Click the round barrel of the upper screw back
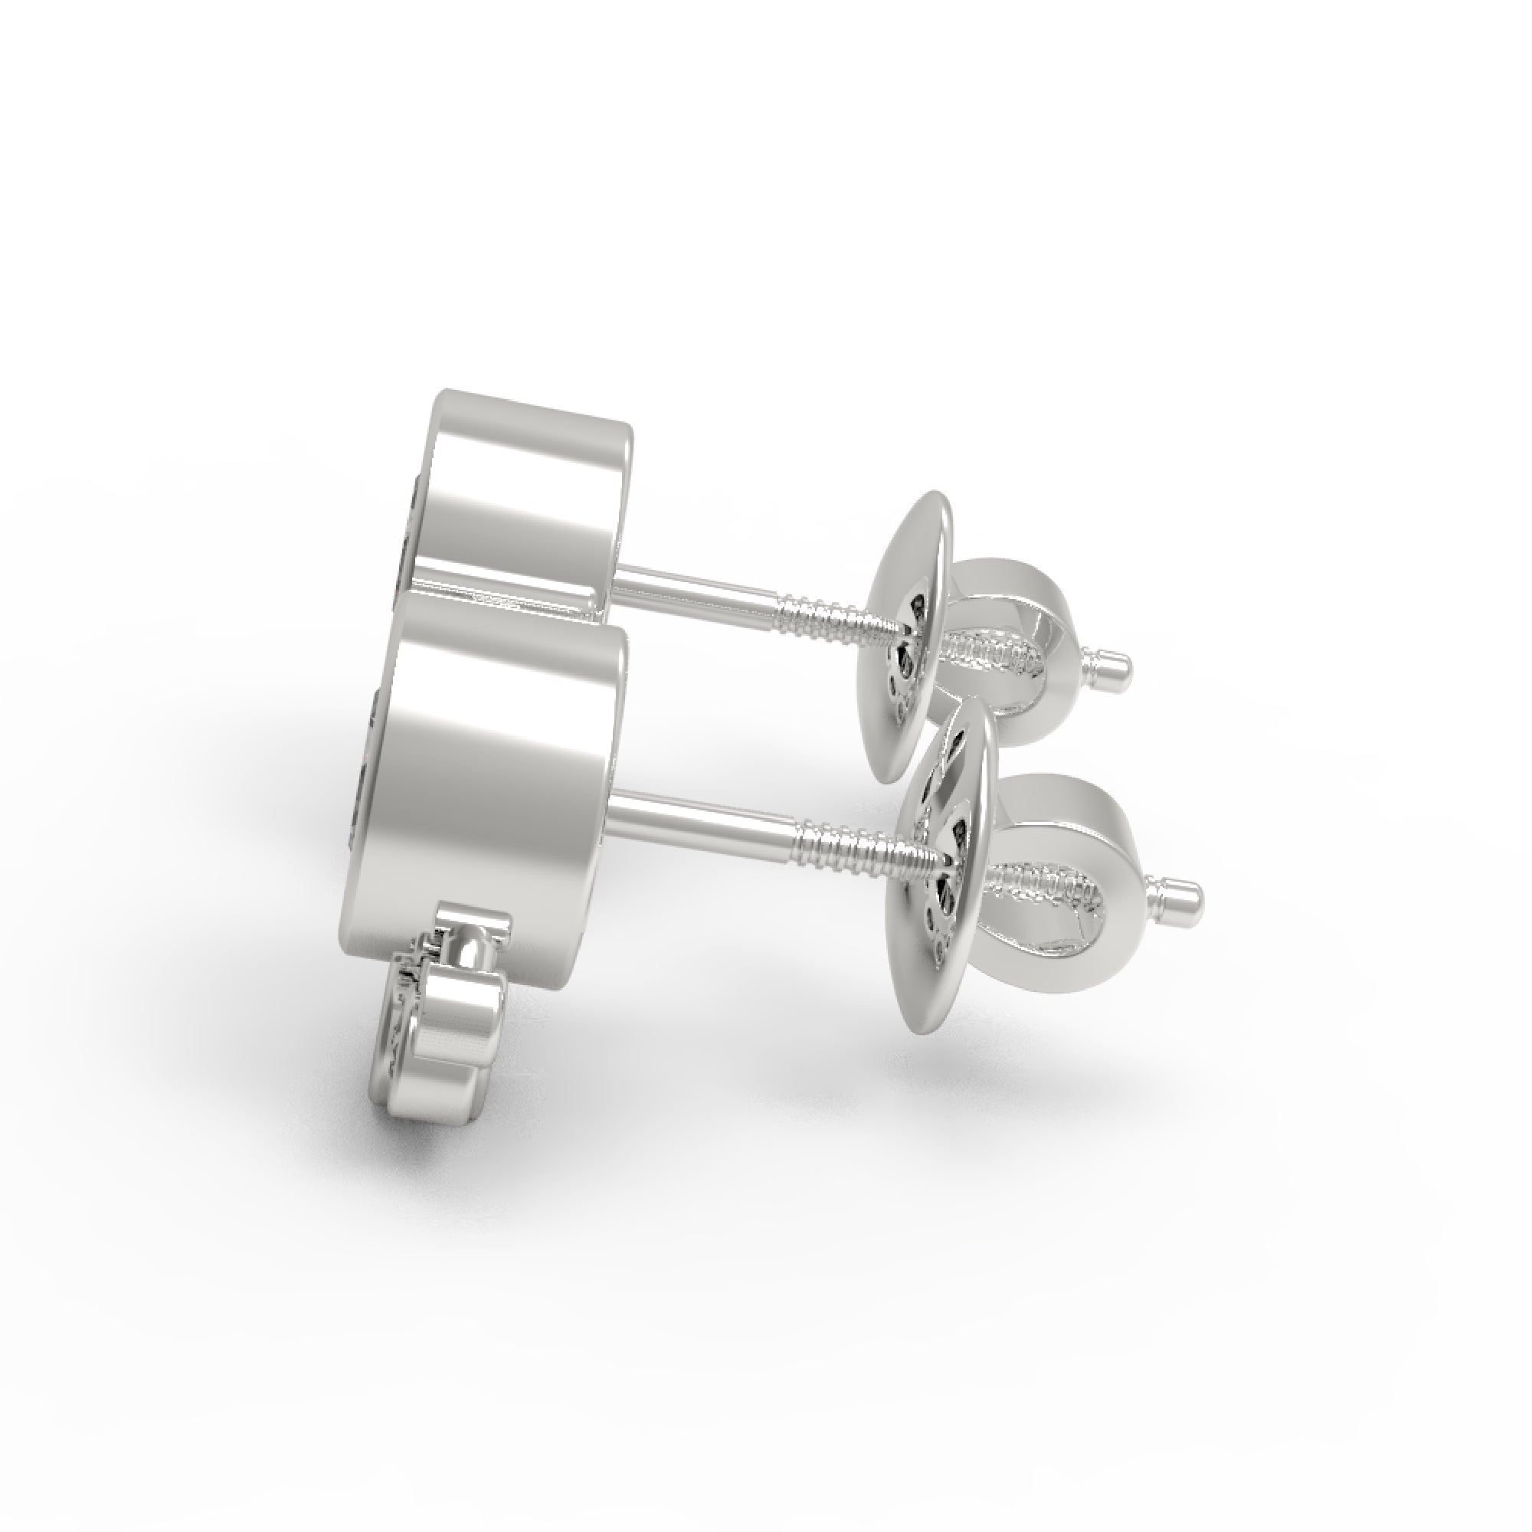point(1023,603)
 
